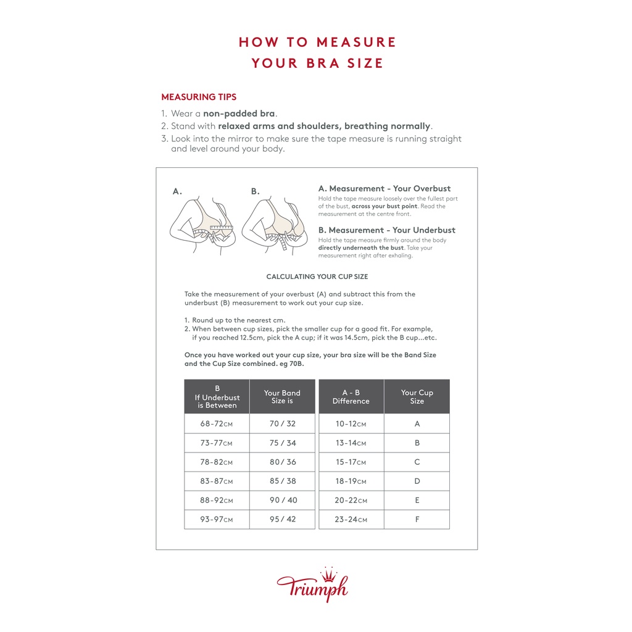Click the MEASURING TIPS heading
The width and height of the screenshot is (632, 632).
[199, 97]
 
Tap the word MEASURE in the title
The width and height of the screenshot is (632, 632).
[356, 42]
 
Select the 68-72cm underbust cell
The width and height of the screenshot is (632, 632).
[217, 424]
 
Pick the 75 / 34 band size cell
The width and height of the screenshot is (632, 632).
[282, 443]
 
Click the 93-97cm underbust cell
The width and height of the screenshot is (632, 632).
[217, 519]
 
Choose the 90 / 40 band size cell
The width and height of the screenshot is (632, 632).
[282, 500]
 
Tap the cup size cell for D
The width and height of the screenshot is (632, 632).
[417, 481]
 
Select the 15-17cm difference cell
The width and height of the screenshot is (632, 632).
[351, 462]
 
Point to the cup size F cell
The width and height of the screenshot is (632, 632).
[417, 519]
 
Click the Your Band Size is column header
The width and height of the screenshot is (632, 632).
[282, 397]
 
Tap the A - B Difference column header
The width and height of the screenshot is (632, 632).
[351, 397]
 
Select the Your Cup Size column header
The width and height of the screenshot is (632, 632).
[417, 397]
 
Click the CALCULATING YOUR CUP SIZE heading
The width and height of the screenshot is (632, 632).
[317, 276]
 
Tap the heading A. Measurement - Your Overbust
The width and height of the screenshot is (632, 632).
[385, 188]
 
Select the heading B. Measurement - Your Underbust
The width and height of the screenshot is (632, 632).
[387, 230]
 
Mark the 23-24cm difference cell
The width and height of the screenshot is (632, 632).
[351, 519]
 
